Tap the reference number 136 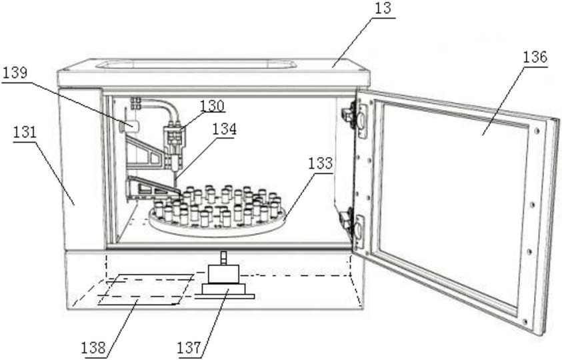535,58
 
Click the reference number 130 212,105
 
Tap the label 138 93,347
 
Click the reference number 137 189,347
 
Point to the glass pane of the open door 453,200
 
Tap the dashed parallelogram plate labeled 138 143,289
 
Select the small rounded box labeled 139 131,125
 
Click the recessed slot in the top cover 196,65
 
